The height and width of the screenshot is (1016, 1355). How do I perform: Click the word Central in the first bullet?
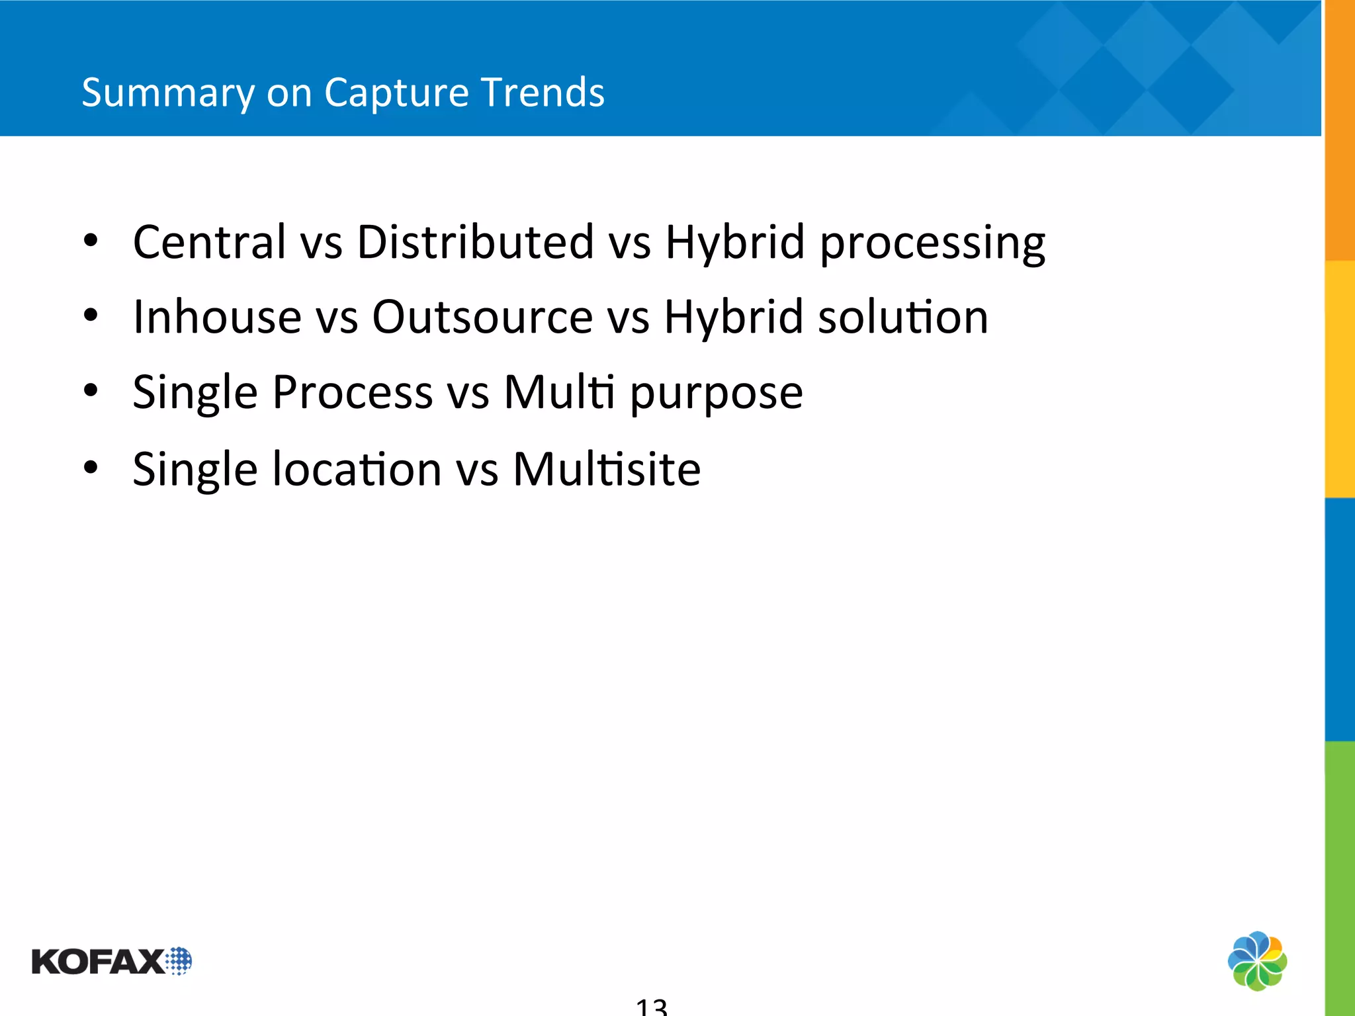(209, 242)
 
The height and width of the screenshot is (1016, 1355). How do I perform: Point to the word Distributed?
(475, 242)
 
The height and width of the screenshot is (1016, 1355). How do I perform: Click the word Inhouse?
(218, 317)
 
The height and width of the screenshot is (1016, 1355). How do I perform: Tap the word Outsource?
(482, 317)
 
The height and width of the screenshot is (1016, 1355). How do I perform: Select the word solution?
(903, 317)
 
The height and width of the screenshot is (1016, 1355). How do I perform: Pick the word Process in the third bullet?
(353, 392)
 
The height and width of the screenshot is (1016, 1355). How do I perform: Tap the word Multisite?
(607, 469)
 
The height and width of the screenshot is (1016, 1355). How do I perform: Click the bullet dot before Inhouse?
(91, 316)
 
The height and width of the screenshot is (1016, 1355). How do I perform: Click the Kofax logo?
(111, 961)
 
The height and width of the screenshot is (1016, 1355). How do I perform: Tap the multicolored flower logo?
(1257, 961)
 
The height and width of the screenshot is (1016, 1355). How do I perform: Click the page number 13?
(652, 1006)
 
